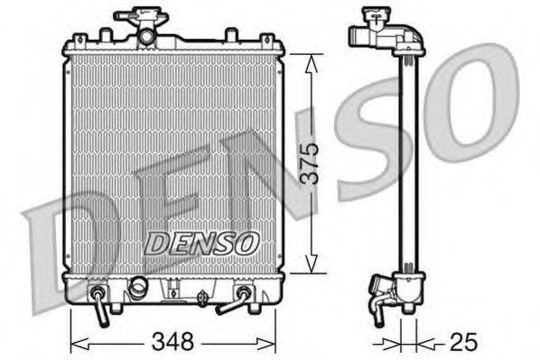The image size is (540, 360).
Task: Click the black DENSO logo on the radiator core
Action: pyautogui.click(x=202, y=242)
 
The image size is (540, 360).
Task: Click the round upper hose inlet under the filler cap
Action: pyautogui.click(x=145, y=36)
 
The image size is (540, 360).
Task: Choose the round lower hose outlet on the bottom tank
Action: pyautogui.click(x=137, y=288)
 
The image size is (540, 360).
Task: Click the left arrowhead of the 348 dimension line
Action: pyautogui.click(x=75, y=342)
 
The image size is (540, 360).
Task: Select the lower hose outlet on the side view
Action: pyautogui.click(x=377, y=303)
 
